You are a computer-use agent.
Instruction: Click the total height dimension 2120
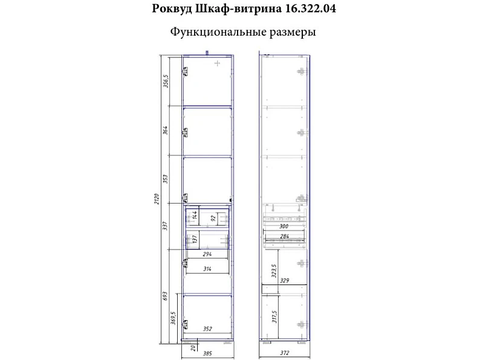[157, 199]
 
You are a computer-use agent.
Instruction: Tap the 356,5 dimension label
[166, 81]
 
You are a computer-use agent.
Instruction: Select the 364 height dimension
[165, 130]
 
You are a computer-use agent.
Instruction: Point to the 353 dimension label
[165, 179]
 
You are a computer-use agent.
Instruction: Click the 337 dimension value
[165, 226]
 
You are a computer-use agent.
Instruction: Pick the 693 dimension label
[165, 296]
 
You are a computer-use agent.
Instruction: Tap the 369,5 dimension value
[174, 318]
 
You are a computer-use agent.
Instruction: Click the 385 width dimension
[207, 353]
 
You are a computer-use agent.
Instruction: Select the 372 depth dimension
[284, 353]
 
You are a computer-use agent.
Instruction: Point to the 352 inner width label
[207, 329]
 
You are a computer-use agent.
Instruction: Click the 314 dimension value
[207, 269]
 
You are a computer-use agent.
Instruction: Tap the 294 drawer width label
[207, 254]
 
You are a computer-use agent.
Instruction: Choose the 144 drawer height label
[195, 216]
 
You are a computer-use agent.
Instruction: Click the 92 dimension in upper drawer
[213, 219]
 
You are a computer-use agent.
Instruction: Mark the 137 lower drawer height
[195, 239]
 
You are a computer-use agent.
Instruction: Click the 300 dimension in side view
[284, 227]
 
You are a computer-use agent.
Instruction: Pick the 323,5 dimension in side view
[274, 271]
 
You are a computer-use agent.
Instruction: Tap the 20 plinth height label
[193, 347]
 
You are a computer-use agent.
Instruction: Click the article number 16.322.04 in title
[310, 8]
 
